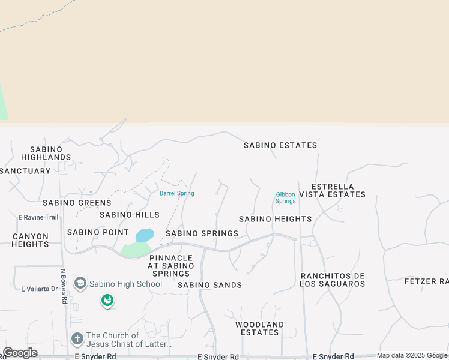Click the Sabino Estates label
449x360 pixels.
click(280, 145)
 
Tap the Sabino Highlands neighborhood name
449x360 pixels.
click(46, 153)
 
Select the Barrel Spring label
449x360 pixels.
click(176, 193)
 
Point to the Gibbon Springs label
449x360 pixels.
click(285, 198)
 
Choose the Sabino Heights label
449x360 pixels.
click(275, 219)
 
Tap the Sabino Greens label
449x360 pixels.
click(77, 203)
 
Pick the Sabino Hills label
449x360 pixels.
click(130, 215)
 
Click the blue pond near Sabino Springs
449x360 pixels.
click(145, 235)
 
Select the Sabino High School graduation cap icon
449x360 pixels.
click(80, 283)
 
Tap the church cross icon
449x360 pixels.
click(77, 340)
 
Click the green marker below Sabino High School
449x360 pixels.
click(107, 300)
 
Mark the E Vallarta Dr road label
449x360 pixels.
click(39, 289)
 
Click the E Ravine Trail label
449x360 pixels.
click(38, 217)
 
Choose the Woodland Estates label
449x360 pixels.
click(259, 328)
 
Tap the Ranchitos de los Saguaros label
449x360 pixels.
click(333, 280)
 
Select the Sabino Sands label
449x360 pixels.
click(209, 285)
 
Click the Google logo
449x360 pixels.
click(20, 353)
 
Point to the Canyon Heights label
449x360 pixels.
click(30, 240)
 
